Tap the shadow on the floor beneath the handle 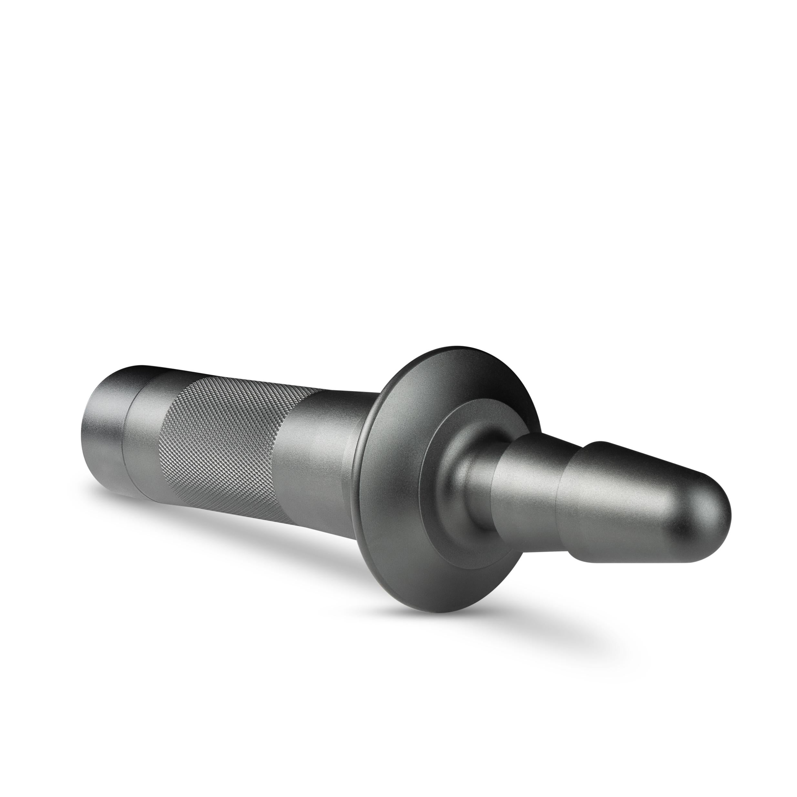(247, 549)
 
